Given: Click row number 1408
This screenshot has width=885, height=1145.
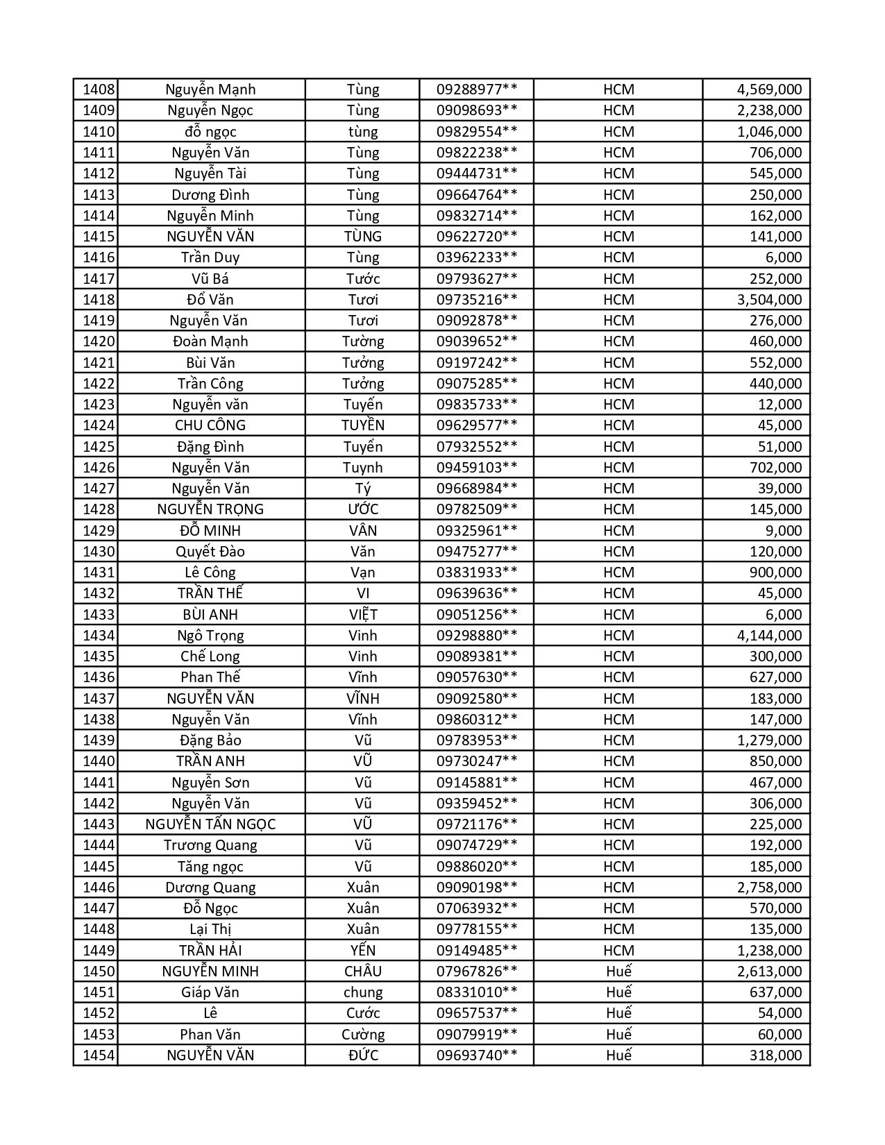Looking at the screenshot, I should [98, 90].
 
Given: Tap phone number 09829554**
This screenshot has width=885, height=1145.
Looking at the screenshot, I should [476, 132].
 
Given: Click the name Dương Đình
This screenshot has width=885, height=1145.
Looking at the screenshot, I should [210, 195].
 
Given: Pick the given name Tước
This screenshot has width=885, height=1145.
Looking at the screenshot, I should [362, 279].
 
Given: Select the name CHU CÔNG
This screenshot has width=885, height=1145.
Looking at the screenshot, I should [210, 425].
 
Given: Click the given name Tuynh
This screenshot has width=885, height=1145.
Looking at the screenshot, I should [362, 468].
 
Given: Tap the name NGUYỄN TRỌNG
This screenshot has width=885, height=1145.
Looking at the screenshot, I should [210, 509].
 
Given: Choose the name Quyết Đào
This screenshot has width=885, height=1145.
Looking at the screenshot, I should [210, 552].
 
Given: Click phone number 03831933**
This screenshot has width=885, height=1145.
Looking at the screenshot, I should [476, 572].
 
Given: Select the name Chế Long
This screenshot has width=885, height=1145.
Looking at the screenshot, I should [210, 656].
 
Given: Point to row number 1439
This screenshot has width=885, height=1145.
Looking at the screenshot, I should [98, 740].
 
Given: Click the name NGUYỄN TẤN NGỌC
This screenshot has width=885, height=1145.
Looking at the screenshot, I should [210, 824].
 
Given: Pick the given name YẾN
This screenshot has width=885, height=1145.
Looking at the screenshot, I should [362, 951].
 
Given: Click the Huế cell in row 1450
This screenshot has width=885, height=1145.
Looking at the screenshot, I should [618, 972].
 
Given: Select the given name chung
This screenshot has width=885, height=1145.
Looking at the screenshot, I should [362, 992].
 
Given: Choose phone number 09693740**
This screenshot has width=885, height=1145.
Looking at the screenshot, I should [476, 1055].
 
